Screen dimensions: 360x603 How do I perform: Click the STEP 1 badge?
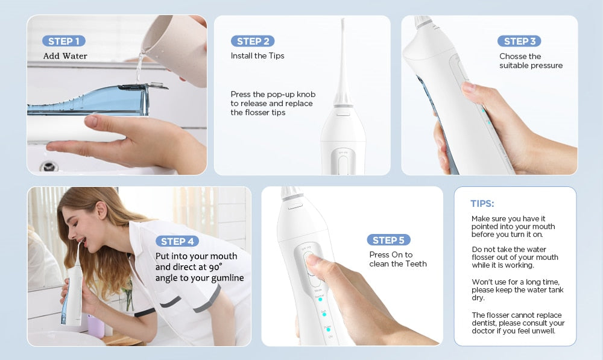click(x=63, y=41)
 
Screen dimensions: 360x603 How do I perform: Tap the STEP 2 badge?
click(x=253, y=41)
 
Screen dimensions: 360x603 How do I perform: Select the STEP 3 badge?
click(x=519, y=41)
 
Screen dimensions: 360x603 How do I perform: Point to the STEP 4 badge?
click(x=177, y=241)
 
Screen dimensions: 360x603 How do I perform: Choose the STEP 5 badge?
click(x=388, y=240)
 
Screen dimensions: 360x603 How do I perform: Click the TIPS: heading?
click(x=482, y=204)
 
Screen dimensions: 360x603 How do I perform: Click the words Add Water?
click(x=65, y=56)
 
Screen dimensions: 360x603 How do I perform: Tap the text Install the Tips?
click(x=257, y=56)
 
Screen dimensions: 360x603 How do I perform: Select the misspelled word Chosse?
click(x=512, y=56)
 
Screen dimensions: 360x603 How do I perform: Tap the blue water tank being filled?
click(x=90, y=99)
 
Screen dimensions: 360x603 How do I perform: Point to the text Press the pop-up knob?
click(x=273, y=95)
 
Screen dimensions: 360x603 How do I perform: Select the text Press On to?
click(x=391, y=254)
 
